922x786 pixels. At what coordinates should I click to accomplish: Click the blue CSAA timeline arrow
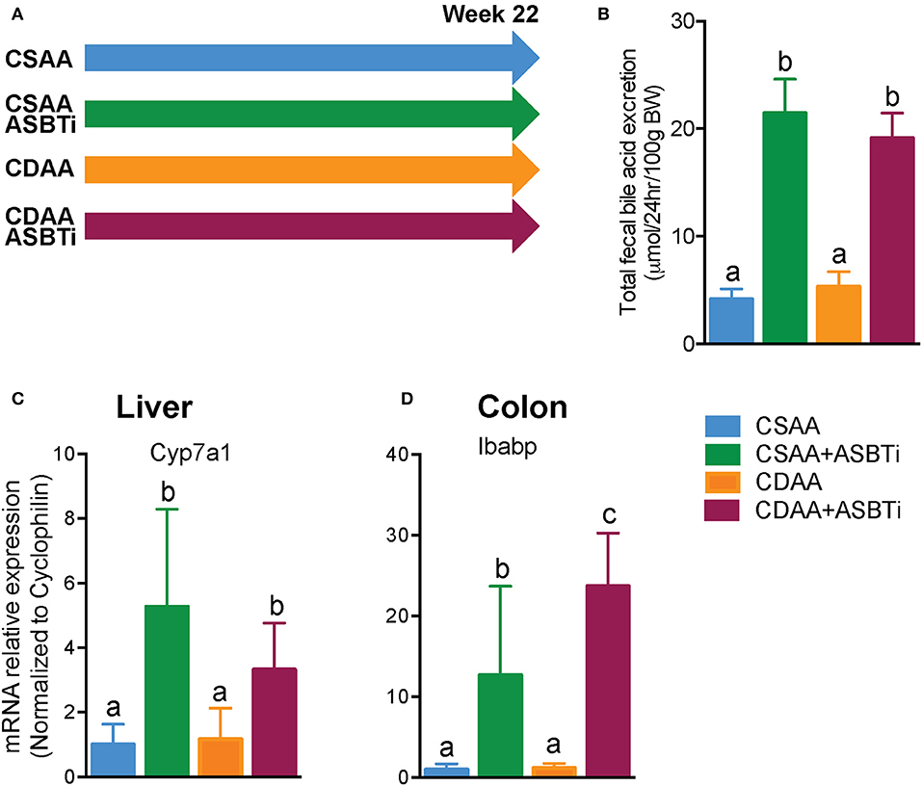[x=308, y=58]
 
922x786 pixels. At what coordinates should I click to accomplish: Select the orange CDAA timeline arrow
[x=308, y=170]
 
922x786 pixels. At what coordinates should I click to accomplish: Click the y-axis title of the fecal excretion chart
[x=637, y=183]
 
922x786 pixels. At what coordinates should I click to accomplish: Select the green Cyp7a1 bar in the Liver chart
[x=166, y=691]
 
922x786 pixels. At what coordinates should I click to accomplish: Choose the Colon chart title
[x=522, y=407]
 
